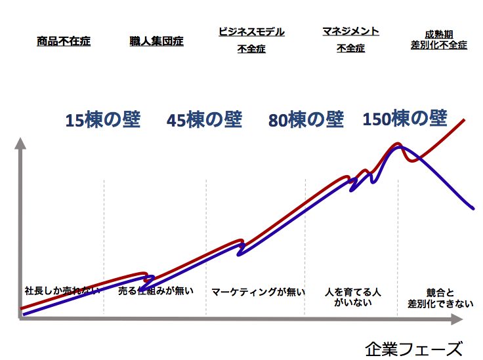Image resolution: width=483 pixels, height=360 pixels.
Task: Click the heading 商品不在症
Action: tap(64, 41)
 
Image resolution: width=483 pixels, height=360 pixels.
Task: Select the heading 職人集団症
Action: tap(156, 41)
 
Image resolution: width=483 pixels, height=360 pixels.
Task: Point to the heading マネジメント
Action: tap(350, 31)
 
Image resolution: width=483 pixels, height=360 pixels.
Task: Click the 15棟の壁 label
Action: tap(102, 121)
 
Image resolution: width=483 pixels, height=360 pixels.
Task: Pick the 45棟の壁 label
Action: tap(204, 121)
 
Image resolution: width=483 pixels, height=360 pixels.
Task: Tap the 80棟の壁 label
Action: tap(306, 120)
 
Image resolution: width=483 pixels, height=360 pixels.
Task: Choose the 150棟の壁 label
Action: tap(405, 119)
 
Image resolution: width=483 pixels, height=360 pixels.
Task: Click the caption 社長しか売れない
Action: tap(62, 290)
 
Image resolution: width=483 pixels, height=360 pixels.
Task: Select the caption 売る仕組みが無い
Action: tap(156, 290)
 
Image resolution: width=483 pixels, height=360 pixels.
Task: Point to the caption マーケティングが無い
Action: tap(258, 292)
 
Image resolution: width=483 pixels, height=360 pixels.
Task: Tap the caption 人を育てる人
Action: tap(352, 291)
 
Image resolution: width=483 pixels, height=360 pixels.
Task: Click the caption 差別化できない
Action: tap(440, 303)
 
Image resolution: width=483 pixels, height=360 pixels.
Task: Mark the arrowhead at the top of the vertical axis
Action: tap(20, 142)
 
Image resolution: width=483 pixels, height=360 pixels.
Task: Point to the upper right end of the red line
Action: tap(464, 120)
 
